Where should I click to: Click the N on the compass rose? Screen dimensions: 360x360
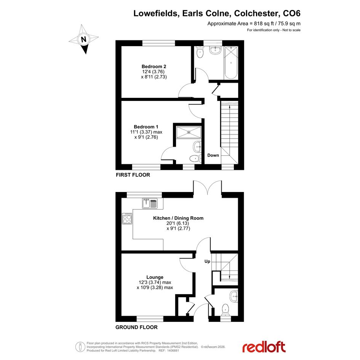(84, 40)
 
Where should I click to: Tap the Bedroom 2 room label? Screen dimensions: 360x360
(154, 67)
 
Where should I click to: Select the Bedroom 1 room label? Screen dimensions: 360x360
(146, 127)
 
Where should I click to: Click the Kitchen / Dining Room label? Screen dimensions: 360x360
(178, 218)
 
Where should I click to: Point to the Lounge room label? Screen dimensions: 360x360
(155, 277)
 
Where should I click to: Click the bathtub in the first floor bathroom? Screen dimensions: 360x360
(231, 63)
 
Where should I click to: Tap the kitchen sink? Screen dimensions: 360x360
(150, 203)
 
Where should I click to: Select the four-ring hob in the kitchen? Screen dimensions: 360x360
(127, 219)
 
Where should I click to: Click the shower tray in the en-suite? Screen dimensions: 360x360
(189, 132)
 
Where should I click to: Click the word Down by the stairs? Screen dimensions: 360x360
(213, 155)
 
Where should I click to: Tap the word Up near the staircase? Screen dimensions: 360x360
(207, 261)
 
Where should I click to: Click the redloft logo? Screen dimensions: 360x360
(264, 347)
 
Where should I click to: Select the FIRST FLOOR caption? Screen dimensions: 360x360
(133, 175)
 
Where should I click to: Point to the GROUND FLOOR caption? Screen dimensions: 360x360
(136, 327)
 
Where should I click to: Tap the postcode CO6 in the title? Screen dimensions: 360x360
(291, 13)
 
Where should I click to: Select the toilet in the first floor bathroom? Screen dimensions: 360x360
(200, 52)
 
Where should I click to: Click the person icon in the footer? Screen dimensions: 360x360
(80, 347)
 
